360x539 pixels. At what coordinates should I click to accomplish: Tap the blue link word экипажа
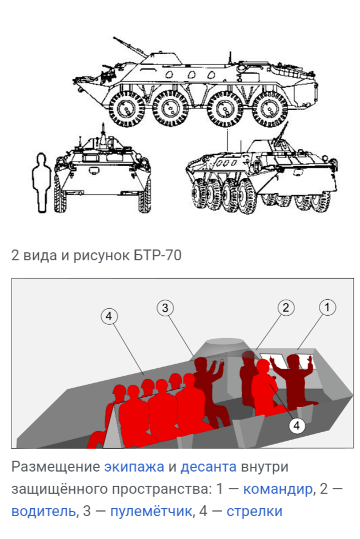click(x=134, y=467)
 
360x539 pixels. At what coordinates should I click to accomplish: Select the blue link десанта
click(x=209, y=467)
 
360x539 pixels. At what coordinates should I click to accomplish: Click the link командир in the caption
click(x=278, y=489)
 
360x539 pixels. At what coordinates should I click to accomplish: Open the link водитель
click(x=43, y=511)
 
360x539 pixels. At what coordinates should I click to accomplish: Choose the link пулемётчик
click(x=151, y=511)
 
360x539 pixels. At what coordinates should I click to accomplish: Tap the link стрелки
click(x=254, y=511)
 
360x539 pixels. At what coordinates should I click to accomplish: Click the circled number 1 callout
click(x=327, y=307)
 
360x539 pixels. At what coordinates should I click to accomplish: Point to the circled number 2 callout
click(x=286, y=307)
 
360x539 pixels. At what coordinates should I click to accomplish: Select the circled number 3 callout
click(x=165, y=308)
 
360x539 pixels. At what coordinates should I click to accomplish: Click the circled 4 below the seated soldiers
click(x=297, y=425)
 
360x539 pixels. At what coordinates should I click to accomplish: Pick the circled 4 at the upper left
click(x=109, y=316)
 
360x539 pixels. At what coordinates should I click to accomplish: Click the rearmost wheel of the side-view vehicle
click(x=270, y=109)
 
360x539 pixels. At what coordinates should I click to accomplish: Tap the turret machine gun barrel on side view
click(x=130, y=46)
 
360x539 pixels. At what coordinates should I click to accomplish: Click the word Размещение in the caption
click(x=55, y=467)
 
